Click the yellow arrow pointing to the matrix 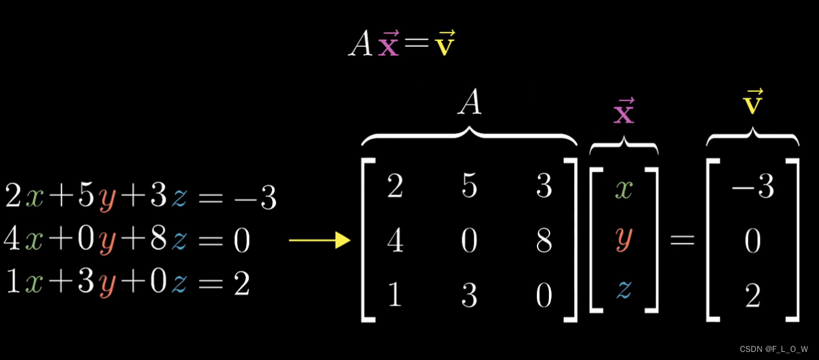(320, 240)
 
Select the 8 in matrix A (544, 241)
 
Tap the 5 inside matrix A (469, 187)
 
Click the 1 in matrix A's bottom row (395, 295)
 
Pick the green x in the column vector (624, 188)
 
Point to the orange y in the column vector (624, 239)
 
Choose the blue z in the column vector (624, 290)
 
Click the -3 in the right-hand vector (753, 187)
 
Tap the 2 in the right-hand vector (753, 295)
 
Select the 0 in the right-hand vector (753, 241)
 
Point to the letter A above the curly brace (469, 104)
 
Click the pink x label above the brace (624, 112)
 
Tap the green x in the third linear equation (33, 284)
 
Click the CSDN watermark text (773, 349)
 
